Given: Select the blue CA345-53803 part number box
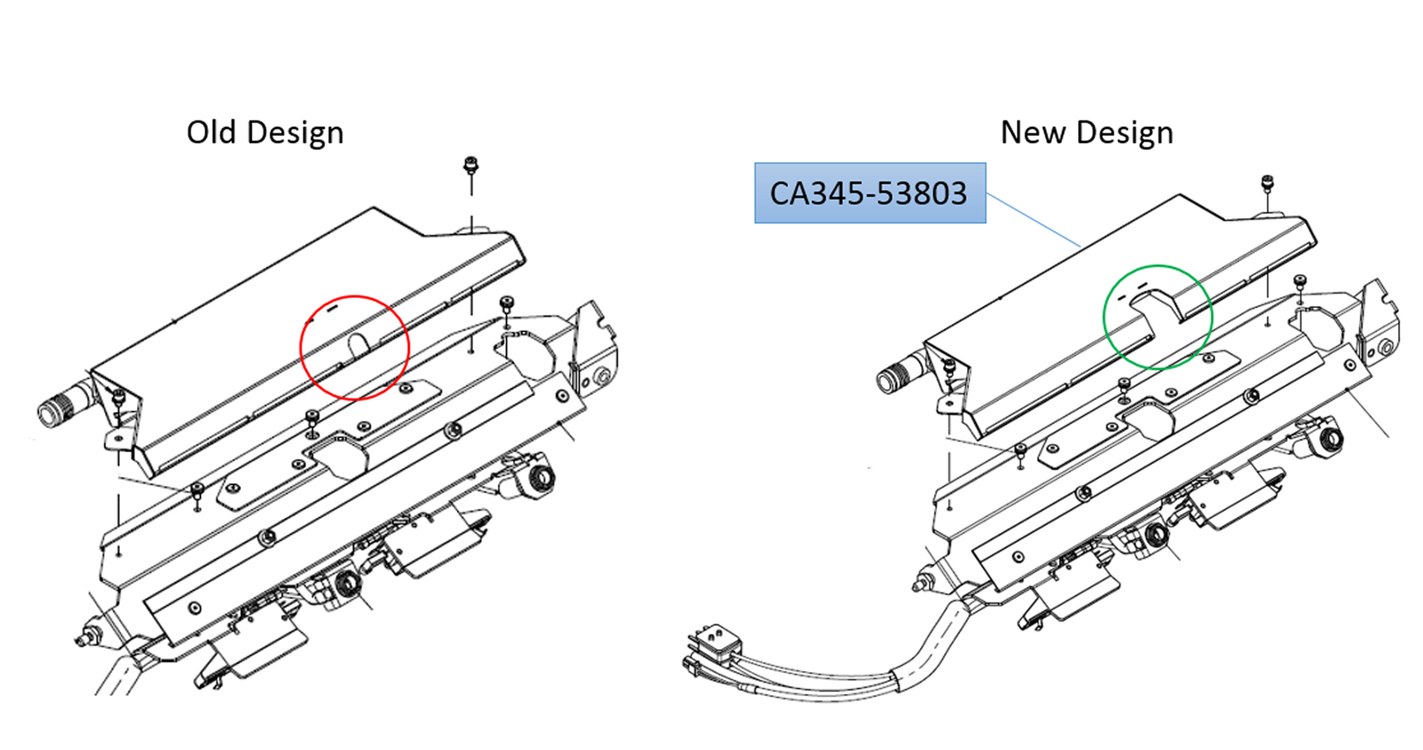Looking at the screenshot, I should coord(869,193).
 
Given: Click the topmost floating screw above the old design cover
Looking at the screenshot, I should coord(471,164).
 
